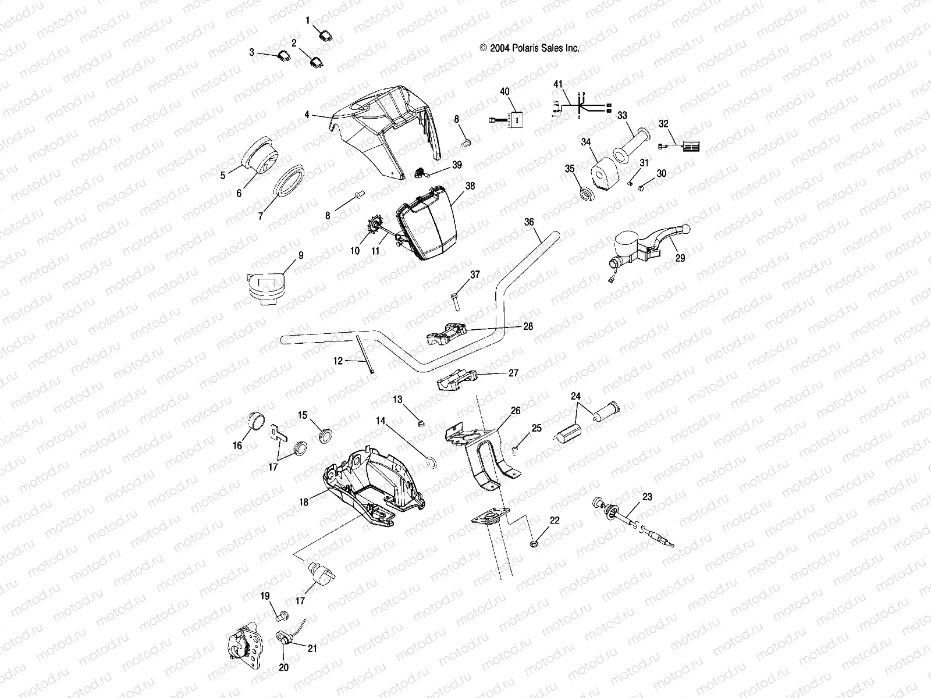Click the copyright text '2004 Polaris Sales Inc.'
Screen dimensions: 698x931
(x=529, y=49)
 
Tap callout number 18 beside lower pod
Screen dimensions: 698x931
(x=304, y=502)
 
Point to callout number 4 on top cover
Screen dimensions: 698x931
(x=307, y=115)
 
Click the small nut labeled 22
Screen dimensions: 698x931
(x=534, y=544)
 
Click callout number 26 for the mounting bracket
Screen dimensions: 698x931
(x=516, y=411)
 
